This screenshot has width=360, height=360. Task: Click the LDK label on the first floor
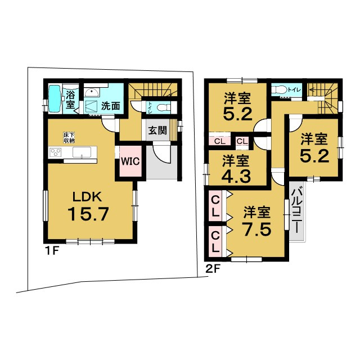tap(87, 197)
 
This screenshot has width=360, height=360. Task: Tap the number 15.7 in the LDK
tap(88, 214)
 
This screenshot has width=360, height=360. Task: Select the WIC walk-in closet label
tap(130, 161)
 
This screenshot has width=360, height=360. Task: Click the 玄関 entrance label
tap(157, 130)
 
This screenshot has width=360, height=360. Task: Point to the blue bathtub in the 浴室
tap(55, 99)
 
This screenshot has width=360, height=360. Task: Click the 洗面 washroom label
tap(111, 106)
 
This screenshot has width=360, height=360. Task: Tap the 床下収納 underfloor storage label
tap(69, 137)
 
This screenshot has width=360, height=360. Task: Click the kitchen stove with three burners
tap(56, 152)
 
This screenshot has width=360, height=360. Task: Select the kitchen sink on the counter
tap(82, 152)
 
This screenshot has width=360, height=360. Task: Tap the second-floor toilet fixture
tap(278, 89)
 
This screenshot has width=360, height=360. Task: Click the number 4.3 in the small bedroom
tap(236, 176)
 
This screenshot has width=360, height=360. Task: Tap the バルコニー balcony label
tap(297, 210)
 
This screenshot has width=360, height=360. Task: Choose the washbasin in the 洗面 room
tap(92, 93)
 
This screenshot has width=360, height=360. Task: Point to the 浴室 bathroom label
tap(70, 100)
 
